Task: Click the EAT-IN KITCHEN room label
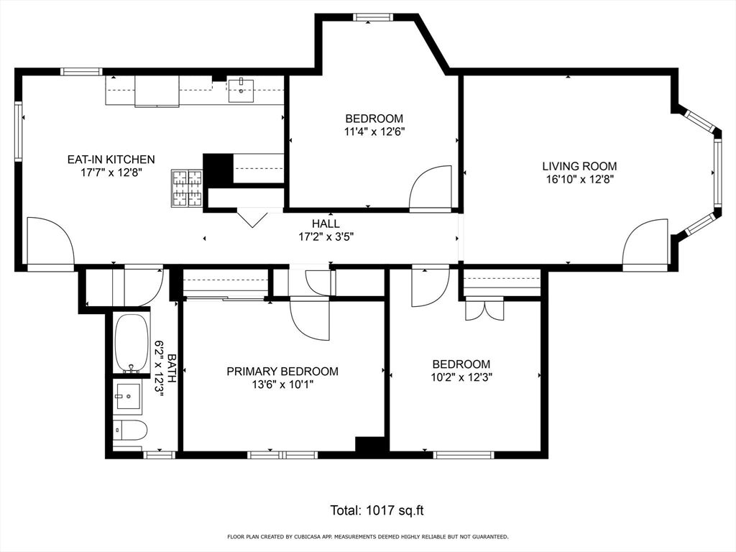[111, 160]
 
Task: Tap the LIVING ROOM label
[579, 166]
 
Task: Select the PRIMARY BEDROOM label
[282, 372]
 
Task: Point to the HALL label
[326, 224]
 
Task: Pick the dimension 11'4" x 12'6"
[374, 132]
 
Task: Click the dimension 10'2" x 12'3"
[461, 377]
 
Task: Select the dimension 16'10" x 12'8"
[579, 179]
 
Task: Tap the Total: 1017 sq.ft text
[377, 510]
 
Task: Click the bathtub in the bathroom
[131, 344]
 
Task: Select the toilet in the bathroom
[130, 431]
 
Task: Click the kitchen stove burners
[188, 188]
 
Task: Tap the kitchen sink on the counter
[241, 90]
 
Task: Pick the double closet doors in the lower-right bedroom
[484, 309]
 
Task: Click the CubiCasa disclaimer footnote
[367, 537]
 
